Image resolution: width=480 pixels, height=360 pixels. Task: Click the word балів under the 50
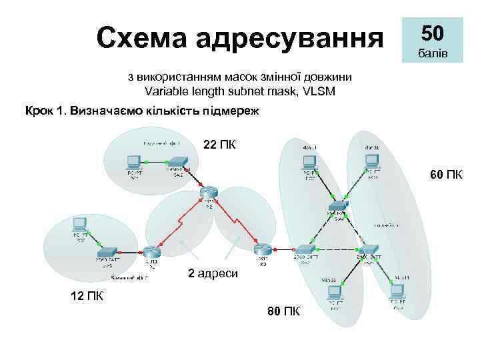point(432,52)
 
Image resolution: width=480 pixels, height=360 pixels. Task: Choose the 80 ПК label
point(283,311)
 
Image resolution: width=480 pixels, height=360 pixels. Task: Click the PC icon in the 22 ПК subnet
point(133,161)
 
